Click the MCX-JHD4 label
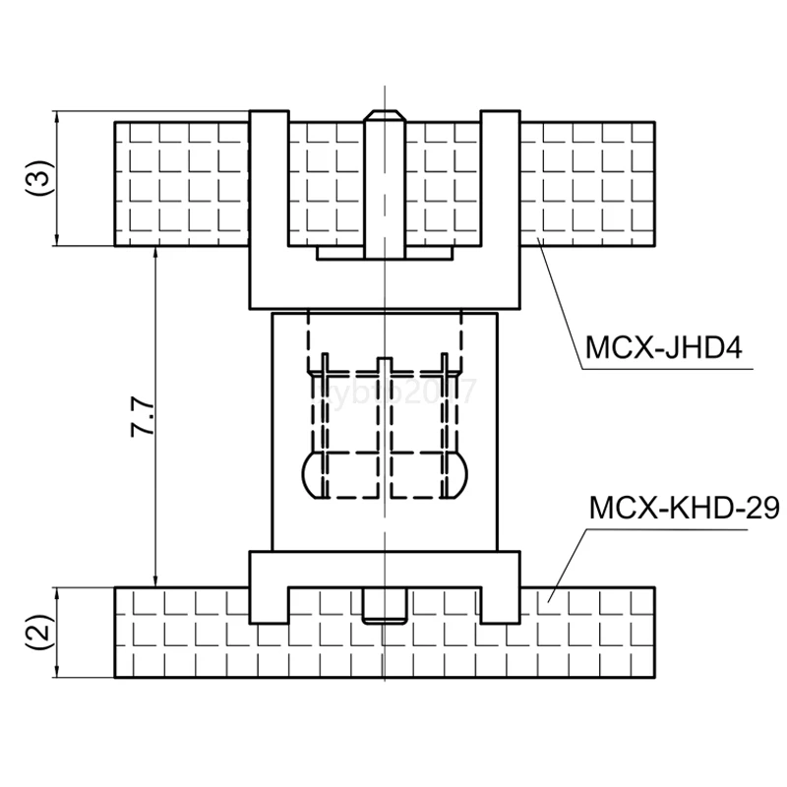(x=663, y=349)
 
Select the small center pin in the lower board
(x=383, y=606)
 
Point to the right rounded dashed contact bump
(x=457, y=475)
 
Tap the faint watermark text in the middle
(x=393, y=393)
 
